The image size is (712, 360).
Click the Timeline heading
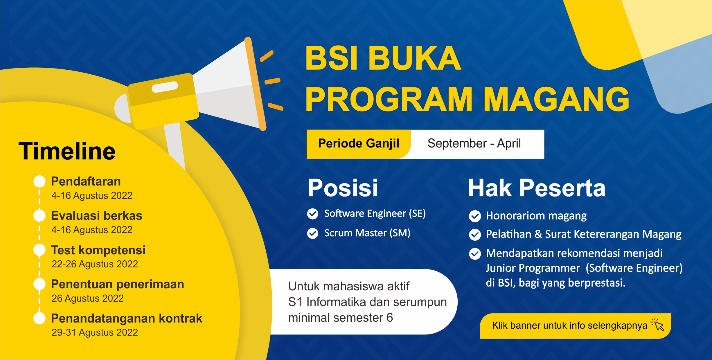point(67,151)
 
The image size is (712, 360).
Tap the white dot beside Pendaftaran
point(39,181)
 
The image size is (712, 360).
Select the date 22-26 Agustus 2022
point(95,264)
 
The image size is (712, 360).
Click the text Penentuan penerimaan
point(117,284)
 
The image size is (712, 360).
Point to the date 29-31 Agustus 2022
point(95,332)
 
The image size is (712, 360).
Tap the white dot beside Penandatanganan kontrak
point(39,318)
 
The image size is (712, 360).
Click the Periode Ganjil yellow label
point(359,144)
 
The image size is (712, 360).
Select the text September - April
point(474,144)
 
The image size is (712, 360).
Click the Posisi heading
point(343,188)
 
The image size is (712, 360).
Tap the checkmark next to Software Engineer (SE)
point(313,214)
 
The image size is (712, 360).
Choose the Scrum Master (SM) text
point(367,233)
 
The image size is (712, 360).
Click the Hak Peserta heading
point(537,188)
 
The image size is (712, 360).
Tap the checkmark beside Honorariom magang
point(475,216)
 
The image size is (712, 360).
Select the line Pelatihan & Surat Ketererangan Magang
point(583,234)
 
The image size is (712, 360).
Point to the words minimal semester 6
point(340,318)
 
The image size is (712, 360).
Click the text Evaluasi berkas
point(96,216)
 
